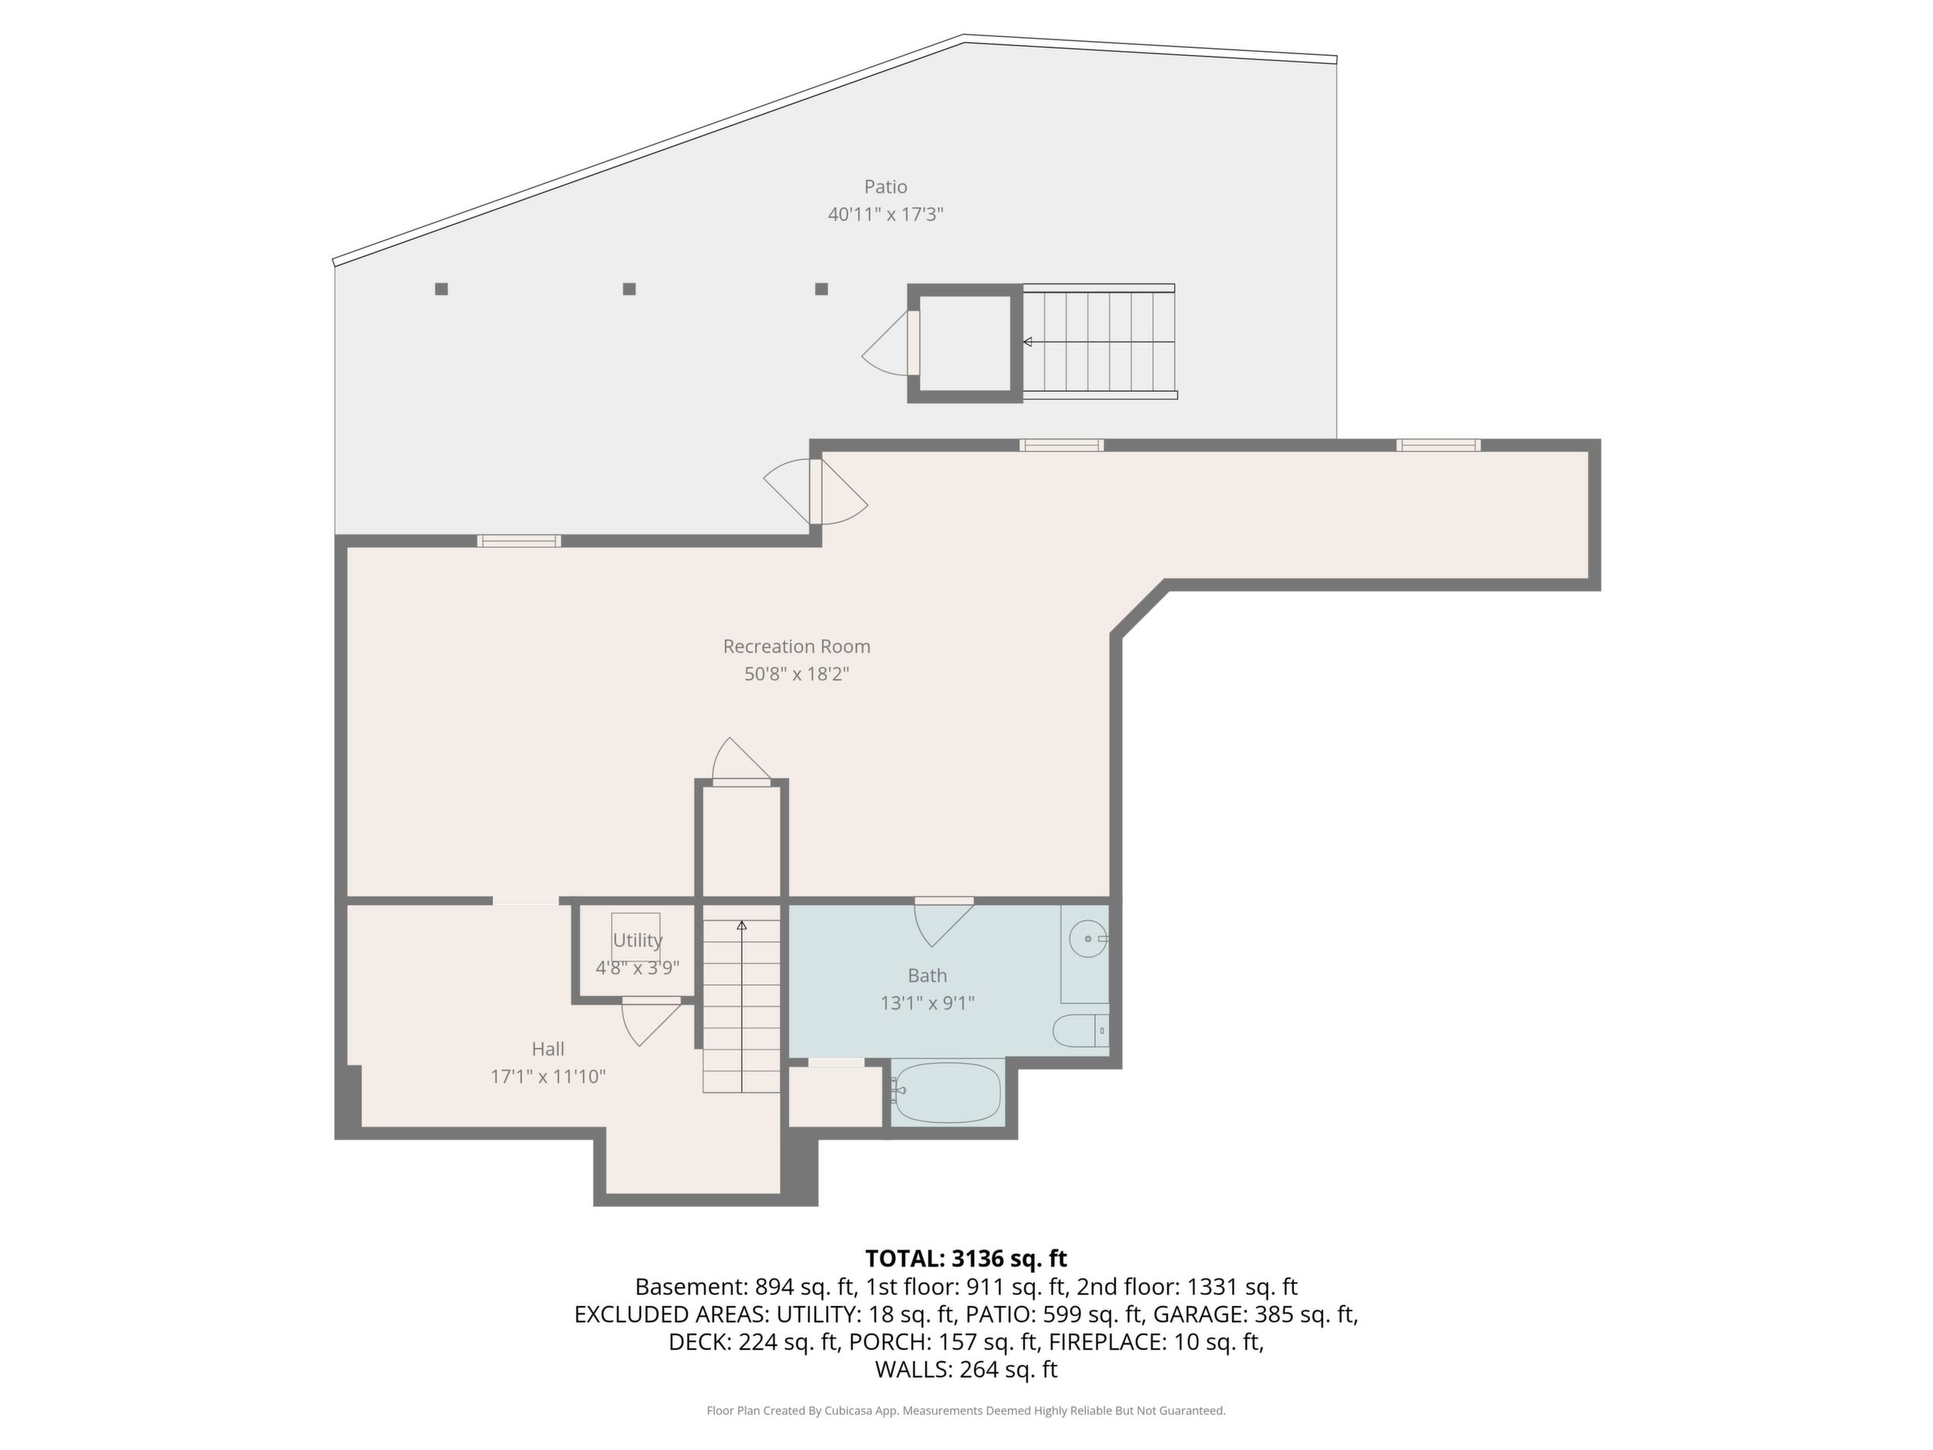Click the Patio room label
[885, 186]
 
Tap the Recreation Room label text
[796, 647]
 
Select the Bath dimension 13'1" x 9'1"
[927, 1002]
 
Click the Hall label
[548, 1049]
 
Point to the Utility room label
[637, 940]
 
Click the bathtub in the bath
[948, 1092]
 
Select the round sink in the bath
[1089, 939]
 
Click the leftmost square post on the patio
[441, 289]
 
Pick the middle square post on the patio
[629, 289]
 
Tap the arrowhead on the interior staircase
[742, 925]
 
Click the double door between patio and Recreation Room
[815, 491]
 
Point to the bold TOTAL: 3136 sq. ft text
[966, 1259]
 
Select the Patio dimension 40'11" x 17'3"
[885, 214]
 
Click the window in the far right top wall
[1437, 445]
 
